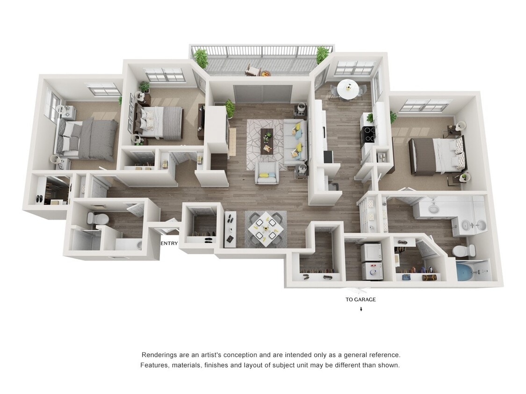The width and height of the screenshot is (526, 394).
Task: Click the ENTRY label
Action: click(x=169, y=243)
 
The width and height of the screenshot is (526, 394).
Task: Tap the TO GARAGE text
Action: click(x=360, y=300)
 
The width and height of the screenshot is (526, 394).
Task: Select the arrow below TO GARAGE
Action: click(x=361, y=309)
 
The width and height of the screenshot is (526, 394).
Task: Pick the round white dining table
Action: click(x=348, y=89)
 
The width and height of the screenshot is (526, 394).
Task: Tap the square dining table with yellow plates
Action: click(x=265, y=227)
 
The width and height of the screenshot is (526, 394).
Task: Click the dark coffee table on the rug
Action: click(x=267, y=140)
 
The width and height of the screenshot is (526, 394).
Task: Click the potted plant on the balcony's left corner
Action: click(x=201, y=57)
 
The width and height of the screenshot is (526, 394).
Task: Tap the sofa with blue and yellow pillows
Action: click(x=295, y=141)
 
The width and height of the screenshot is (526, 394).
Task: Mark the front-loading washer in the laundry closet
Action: click(x=372, y=270)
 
